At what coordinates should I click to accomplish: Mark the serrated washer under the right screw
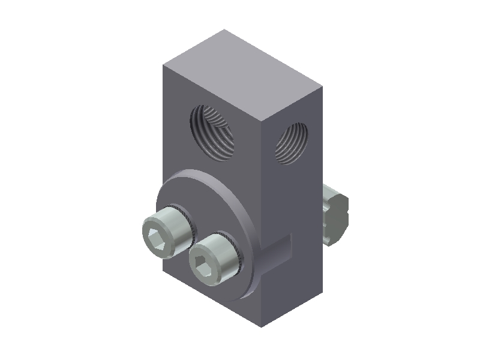click(236, 252)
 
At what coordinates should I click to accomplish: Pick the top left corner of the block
click(162, 64)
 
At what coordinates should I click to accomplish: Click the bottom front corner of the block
click(262, 327)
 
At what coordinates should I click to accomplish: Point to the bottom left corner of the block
click(163, 273)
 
